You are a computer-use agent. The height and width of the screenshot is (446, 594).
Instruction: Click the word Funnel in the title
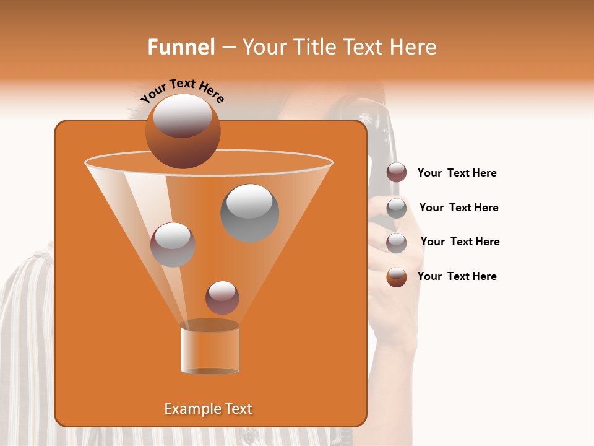click(x=181, y=47)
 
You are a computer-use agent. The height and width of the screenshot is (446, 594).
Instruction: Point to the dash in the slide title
click(x=228, y=48)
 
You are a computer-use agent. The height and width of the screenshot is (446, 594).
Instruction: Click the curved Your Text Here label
click(x=183, y=90)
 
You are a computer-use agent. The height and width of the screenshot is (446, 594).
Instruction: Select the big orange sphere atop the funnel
click(x=183, y=131)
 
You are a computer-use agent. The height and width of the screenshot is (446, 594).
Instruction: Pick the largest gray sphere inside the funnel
click(x=249, y=212)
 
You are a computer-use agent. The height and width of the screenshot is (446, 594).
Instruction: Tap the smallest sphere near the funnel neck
click(x=222, y=297)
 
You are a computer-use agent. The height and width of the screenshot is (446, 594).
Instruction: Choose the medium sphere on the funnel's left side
click(x=173, y=245)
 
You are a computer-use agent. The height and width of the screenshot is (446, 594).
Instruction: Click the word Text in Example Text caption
click(x=238, y=409)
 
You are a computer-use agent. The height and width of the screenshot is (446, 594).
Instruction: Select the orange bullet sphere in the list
click(x=397, y=277)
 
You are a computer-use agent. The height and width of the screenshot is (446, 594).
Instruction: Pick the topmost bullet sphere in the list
click(x=397, y=173)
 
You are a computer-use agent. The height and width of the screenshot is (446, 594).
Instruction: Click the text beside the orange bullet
click(x=457, y=276)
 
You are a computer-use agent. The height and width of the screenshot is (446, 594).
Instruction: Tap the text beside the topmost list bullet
click(x=457, y=173)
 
